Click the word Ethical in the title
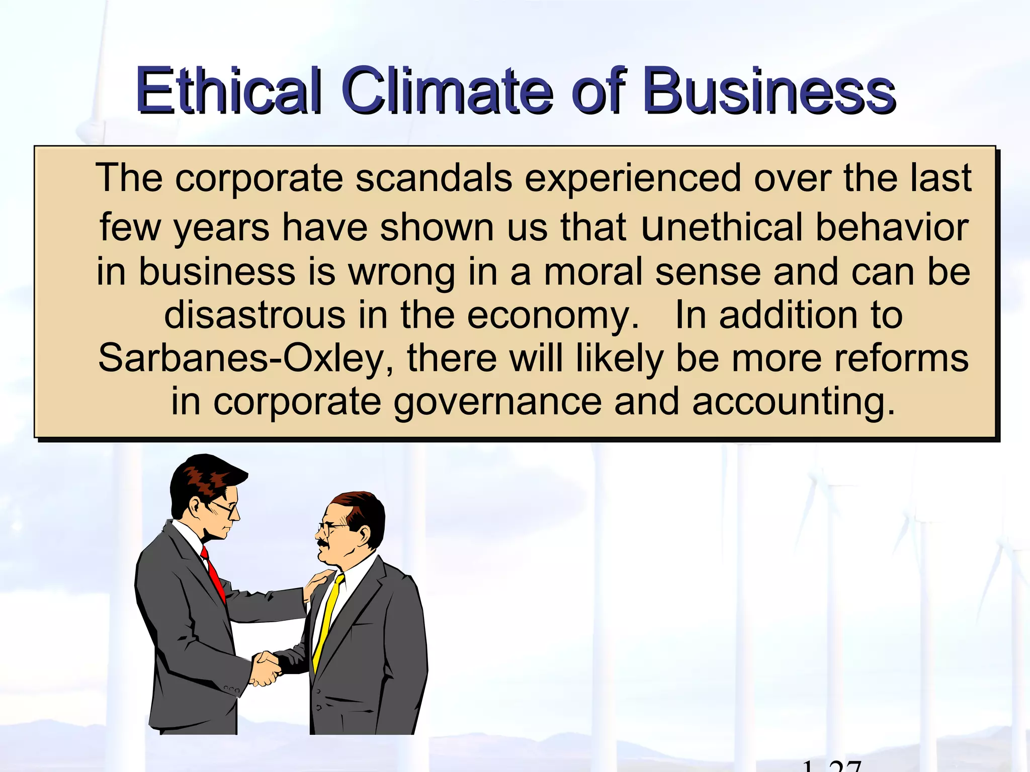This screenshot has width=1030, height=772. (229, 90)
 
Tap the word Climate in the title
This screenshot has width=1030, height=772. (448, 90)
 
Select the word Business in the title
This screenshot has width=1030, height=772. (769, 90)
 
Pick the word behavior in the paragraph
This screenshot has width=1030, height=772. (892, 228)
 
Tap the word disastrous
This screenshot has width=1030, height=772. (254, 315)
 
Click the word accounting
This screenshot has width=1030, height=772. (793, 403)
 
